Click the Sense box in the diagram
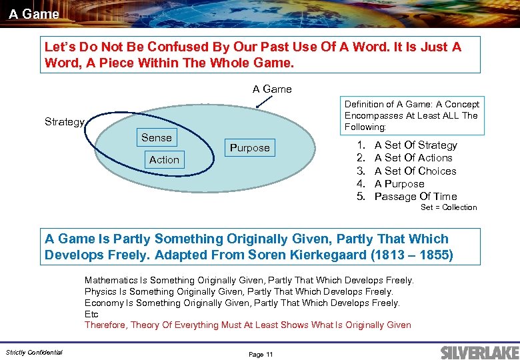point(157,138)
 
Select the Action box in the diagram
point(164,160)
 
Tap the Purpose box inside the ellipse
point(249,148)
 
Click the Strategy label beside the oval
point(65,122)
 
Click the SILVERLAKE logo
point(475,352)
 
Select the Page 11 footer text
point(261,354)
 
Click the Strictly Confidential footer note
point(34,352)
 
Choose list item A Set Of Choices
point(415,171)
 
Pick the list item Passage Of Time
point(415,196)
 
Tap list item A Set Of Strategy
point(415,145)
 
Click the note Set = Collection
point(449,207)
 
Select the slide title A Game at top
point(34,13)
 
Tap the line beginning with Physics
point(239,291)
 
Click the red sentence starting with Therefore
point(247,325)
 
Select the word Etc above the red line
point(91,313)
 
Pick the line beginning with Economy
point(242,303)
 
